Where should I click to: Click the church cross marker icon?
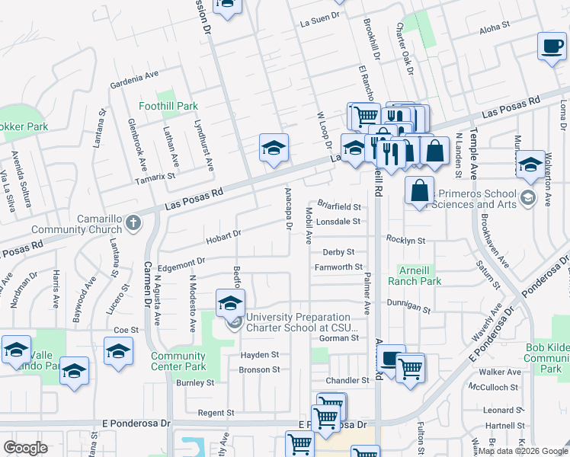coord(134,223)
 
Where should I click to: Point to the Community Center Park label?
coord(178,361)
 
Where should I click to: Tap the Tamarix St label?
coord(155,175)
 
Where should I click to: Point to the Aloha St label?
coord(495,27)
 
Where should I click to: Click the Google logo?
coord(26,447)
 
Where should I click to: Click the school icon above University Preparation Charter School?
coord(230,302)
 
